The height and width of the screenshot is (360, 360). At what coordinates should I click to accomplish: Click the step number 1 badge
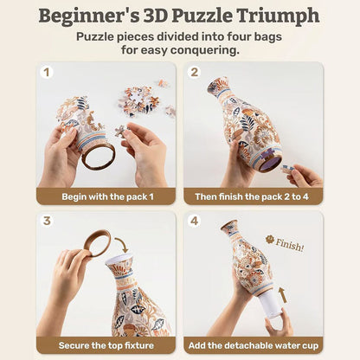click(47, 74)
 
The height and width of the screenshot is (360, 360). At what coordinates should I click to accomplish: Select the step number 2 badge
click(195, 74)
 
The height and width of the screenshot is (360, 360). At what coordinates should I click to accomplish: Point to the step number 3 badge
click(47, 221)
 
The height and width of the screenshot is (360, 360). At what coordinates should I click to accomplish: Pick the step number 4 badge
click(195, 221)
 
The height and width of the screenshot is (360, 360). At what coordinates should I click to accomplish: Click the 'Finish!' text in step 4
click(289, 245)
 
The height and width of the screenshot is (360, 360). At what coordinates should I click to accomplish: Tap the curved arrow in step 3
click(121, 245)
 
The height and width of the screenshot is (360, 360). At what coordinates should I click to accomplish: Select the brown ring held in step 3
click(95, 242)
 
